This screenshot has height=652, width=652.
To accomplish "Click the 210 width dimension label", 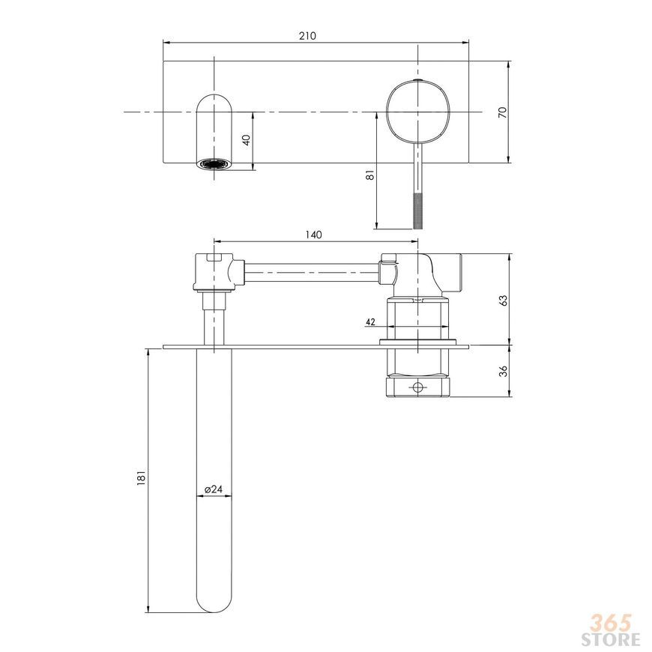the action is (307, 36).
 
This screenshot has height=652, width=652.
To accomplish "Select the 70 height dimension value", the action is (503, 112).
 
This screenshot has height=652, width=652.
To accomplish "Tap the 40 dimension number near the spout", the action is (247, 140).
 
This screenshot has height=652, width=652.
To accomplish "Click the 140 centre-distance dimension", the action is (313, 235).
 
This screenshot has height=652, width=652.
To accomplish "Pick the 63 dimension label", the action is (503, 301).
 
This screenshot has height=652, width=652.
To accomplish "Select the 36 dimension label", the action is (503, 371).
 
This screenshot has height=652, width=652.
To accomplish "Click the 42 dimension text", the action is (370, 322).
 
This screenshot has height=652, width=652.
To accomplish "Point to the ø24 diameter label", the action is (214, 489).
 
